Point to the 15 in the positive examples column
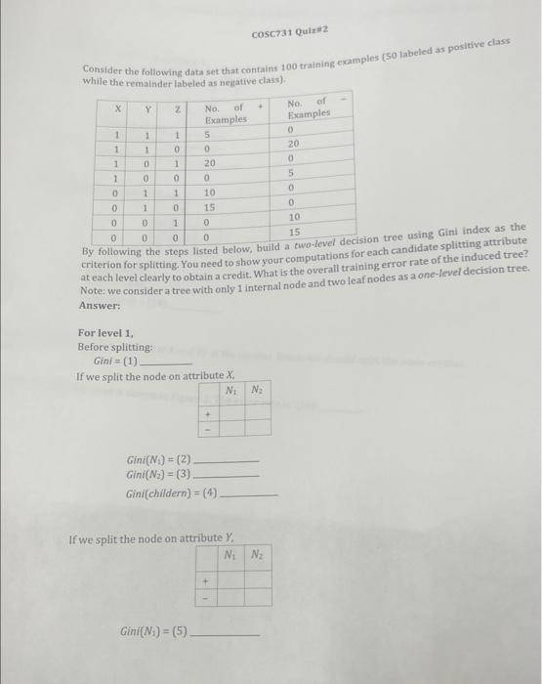210,207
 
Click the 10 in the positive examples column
210,193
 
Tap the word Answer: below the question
101,305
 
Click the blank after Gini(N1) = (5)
228,636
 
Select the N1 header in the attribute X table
230,392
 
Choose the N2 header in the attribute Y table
257,554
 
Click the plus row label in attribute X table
206,410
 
